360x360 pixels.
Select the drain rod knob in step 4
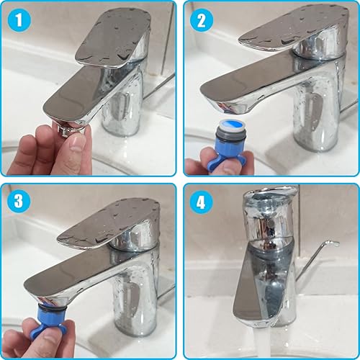click(x=332, y=244)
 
